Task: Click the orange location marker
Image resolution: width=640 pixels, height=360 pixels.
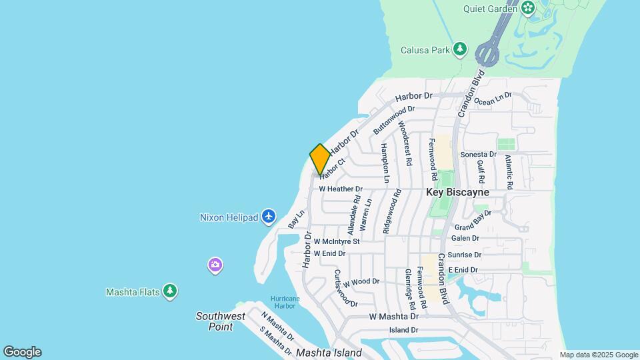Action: pos(319,159)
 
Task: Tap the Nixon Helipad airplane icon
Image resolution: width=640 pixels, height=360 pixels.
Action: pos(269,216)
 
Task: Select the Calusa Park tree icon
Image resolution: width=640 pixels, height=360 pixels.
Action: pos(459,49)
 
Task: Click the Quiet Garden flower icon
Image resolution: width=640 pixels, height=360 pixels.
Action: pos(528,8)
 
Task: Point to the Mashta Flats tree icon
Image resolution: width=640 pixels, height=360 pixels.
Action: pos(171,291)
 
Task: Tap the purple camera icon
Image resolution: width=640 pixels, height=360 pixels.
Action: pos(215,265)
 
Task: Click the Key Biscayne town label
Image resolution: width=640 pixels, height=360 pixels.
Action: pos(458,192)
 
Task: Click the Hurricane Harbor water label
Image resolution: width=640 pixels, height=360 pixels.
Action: pos(285,302)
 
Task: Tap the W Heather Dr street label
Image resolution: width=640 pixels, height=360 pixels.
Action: pos(340,189)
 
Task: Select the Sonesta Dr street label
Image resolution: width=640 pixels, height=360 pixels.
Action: pos(479,154)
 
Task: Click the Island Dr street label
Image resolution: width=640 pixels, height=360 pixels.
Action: pos(403,330)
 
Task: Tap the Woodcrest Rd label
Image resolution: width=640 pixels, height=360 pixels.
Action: pos(404,143)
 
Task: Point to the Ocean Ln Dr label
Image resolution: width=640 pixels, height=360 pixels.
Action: pos(493,99)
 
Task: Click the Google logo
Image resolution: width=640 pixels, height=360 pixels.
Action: pos(22,352)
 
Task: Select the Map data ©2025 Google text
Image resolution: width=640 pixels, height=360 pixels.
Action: pos(599,355)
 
